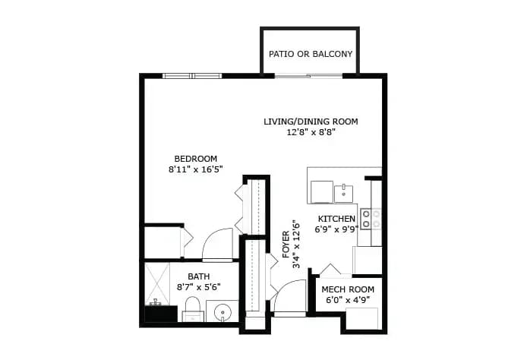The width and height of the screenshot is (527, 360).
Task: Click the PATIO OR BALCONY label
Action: click(x=311, y=54)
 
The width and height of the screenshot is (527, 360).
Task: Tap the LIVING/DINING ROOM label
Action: click(x=311, y=122)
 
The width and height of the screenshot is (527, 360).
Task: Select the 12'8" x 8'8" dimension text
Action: click(x=311, y=132)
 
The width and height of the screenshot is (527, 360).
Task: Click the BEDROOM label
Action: click(x=196, y=159)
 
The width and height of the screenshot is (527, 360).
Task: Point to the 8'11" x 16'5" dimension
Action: click(x=196, y=169)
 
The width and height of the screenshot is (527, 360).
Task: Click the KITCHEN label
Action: click(x=336, y=219)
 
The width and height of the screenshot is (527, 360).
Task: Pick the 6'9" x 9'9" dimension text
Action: click(x=336, y=229)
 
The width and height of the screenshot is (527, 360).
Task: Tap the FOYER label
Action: click(x=286, y=245)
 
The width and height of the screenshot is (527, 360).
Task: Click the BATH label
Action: click(x=199, y=276)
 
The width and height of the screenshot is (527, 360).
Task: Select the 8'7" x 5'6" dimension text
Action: click(x=199, y=287)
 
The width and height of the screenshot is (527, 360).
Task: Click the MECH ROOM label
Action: click(x=348, y=289)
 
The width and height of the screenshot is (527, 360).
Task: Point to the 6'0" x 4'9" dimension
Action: click(x=348, y=299)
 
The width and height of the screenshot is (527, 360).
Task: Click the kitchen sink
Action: click(x=343, y=193)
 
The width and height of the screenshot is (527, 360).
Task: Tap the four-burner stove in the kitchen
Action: click(x=371, y=219)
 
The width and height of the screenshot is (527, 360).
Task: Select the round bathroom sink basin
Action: click(x=222, y=312)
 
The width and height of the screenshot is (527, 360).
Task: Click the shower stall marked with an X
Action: click(x=157, y=284)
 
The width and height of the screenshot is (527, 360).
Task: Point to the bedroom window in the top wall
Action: click(x=192, y=76)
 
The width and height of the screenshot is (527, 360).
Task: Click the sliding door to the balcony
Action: click(x=308, y=76)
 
